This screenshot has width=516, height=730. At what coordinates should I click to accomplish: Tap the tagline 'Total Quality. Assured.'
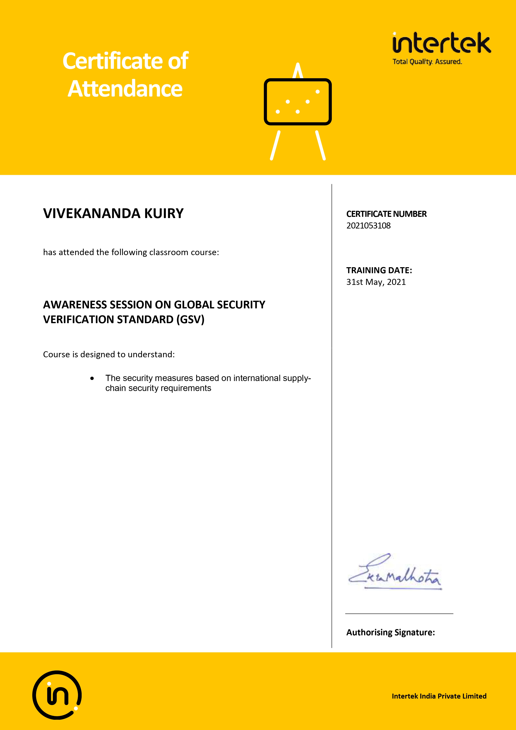click(x=427, y=62)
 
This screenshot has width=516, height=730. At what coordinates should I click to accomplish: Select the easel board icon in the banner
click(x=298, y=102)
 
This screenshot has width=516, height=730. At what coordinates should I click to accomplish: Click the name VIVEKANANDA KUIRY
click(x=114, y=213)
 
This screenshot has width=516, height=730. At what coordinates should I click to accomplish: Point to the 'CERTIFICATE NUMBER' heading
click(x=386, y=214)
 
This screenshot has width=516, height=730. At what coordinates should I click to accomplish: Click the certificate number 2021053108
click(x=368, y=226)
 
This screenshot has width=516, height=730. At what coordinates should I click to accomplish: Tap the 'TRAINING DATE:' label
click(x=379, y=270)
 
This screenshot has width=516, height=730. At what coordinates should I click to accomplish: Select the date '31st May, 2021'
click(x=376, y=282)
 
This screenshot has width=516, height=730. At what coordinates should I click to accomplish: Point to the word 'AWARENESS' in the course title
click(x=75, y=305)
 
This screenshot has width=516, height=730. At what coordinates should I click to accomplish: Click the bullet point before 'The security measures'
click(x=92, y=378)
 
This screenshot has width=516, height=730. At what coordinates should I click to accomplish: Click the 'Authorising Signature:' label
click(x=390, y=632)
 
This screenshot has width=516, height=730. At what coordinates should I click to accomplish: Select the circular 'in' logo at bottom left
click(x=57, y=695)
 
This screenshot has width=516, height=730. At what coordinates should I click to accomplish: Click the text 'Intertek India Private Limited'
click(x=439, y=696)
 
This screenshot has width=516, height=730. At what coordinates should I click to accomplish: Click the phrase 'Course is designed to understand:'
click(x=109, y=355)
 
